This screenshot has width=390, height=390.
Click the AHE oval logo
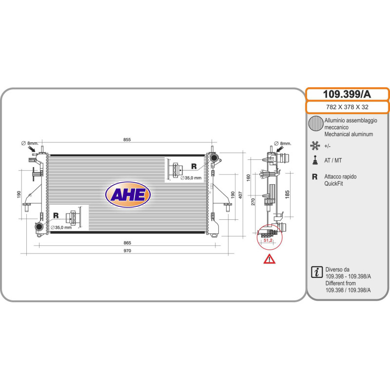click(128, 195)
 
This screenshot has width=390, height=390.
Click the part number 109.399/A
click(347, 94)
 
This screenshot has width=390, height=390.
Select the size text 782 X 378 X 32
click(347, 107)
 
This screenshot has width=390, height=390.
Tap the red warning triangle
click(270, 259)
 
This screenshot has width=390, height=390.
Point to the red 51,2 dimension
click(268, 240)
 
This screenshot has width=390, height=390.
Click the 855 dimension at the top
click(127, 139)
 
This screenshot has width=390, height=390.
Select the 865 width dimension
click(127, 243)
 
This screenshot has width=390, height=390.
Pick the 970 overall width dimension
click(127, 251)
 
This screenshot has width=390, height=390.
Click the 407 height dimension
click(240, 195)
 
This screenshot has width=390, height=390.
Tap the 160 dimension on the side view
click(248, 177)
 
